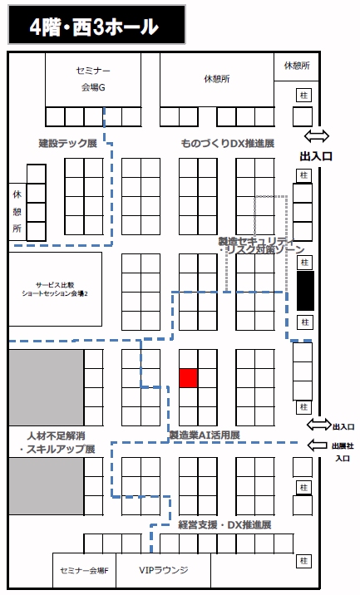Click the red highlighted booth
click(x=189, y=378)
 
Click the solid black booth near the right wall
click(x=305, y=291)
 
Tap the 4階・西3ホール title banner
click(x=96, y=25)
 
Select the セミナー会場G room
click(x=93, y=80)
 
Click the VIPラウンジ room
click(x=163, y=570)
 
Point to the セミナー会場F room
click(x=84, y=570)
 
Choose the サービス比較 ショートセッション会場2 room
click(x=56, y=289)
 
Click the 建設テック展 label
click(x=68, y=144)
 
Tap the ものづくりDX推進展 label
click(x=228, y=144)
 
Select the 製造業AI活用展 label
click(x=205, y=435)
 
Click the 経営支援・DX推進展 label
click(x=224, y=525)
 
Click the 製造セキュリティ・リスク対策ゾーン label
click(x=262, y=245)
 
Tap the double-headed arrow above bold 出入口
click(x=317, y=135)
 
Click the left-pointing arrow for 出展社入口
click(x=317, y=445)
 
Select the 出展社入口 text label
click(x=343, y=452)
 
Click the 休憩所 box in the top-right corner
click(x=297, y=66)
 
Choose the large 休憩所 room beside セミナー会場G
click(x=217, y=80)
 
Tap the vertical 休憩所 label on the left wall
click(x=17, y=212)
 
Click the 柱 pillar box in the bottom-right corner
click(x=303, y=561)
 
